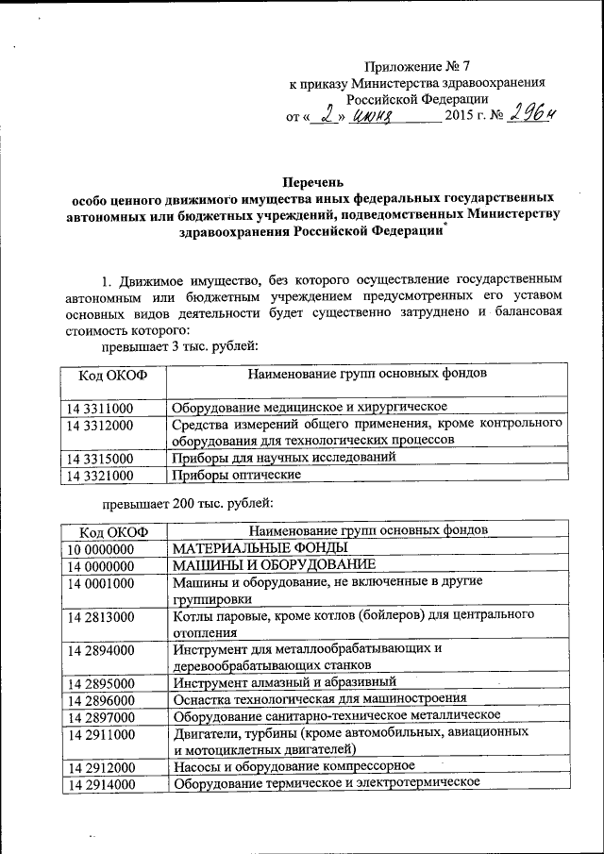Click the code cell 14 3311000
100,407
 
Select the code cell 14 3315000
100,459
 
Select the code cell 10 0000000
100,547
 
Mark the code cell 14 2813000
100,617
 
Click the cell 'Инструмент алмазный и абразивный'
284,681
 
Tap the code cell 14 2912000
100,766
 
